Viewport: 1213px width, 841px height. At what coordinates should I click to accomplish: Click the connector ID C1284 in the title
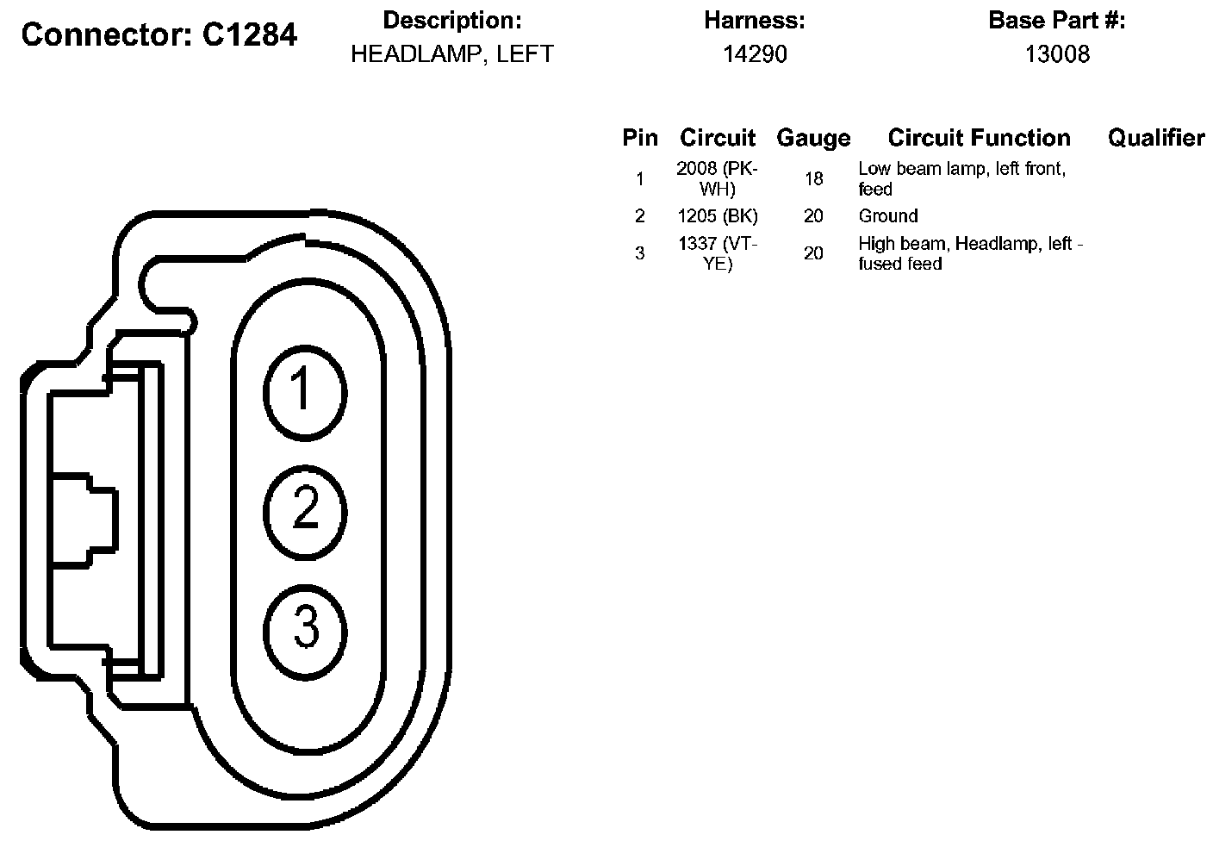(250, 35)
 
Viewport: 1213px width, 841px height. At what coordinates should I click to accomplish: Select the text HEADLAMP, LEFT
(451, 54)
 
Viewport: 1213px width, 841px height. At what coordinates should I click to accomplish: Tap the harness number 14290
(755, 54)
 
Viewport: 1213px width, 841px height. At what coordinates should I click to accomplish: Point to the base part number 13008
(1057, 54)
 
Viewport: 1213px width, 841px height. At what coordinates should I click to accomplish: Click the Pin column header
(640, 138)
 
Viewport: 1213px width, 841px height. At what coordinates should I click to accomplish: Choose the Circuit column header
(718, 138)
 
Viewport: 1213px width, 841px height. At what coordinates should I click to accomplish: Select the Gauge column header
(813, 138)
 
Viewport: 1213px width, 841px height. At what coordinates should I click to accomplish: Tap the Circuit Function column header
(979, 138)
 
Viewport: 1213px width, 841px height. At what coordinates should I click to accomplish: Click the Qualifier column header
(1156, 138)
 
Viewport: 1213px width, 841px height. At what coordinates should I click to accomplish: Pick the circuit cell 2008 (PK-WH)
(718, 179)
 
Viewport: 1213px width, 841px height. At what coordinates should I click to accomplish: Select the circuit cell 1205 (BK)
(718, 216)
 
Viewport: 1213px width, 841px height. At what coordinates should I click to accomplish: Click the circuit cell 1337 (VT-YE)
(718, 253)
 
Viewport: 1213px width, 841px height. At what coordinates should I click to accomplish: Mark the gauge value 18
(813, 179)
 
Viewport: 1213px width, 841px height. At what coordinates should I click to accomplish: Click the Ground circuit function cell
(888, 216)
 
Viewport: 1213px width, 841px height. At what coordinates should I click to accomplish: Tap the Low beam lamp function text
(961, 179)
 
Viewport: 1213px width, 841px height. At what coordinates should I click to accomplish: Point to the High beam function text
(970, 253)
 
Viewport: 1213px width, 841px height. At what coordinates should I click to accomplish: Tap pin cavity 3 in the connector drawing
(305, 626)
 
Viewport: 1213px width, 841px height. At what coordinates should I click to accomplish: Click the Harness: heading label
(755, 21)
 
